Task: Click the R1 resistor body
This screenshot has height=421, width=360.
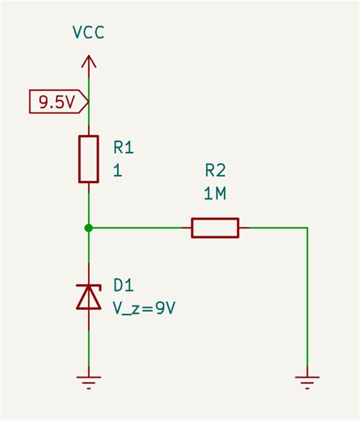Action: point(89,159)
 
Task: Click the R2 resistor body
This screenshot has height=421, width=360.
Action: point(215,227)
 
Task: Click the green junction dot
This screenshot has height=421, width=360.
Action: point(89,227)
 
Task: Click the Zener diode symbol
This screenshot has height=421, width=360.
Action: point(89,296)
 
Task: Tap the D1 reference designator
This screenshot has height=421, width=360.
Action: point(124,285)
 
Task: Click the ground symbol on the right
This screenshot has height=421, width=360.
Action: point(308,381)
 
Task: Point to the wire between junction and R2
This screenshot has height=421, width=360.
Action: point(141,227)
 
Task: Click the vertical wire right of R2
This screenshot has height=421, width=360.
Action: point(308,304)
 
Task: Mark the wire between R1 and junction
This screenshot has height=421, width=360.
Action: point(89,205)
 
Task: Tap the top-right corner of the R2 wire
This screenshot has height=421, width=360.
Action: point(308,227)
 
